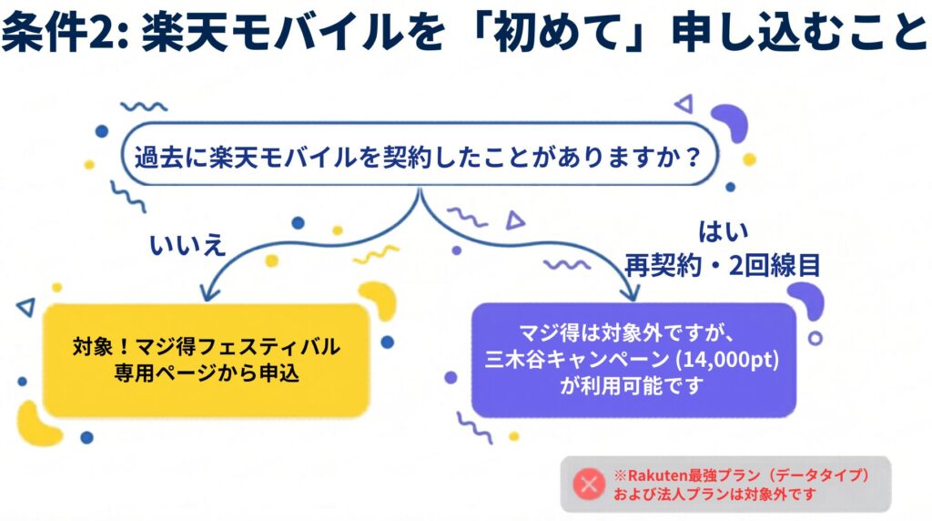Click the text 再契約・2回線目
click(x=723, y=265)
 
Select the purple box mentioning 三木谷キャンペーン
click(x=633, y=359)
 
